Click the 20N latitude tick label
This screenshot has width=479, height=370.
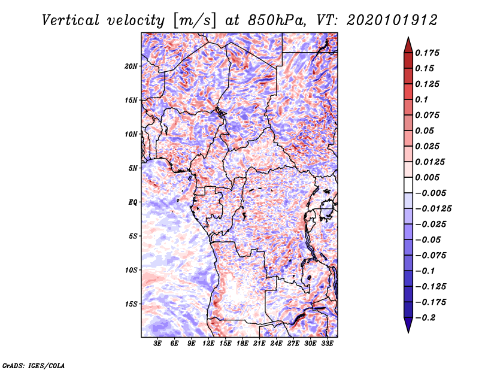point(131,66)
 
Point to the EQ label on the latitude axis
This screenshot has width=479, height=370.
point(133,202)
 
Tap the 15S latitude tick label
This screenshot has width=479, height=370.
point(131,304)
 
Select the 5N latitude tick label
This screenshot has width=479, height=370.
point(133,168)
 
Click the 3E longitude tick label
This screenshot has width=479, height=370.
point(157,344)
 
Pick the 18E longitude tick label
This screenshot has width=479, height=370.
point(242,344)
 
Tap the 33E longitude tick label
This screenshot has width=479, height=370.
point(327,344)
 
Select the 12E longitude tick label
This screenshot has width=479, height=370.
point(208,344)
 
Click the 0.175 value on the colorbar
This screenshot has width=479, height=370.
point(427,53)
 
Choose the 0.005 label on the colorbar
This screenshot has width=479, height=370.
point(427,177)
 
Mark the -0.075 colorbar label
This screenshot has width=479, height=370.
point(431,256)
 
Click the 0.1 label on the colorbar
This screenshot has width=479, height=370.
point(422,99)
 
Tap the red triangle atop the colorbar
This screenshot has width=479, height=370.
point(408,46)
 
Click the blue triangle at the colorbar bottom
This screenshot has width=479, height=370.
point(408,324)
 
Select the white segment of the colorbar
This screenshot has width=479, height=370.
point(408,185)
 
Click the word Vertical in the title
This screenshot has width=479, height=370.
point(71,20)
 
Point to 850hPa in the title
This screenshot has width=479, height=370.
point(277,20)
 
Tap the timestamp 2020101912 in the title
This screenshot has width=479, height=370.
point(392,20)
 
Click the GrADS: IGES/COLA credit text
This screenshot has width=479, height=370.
point(34,365)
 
